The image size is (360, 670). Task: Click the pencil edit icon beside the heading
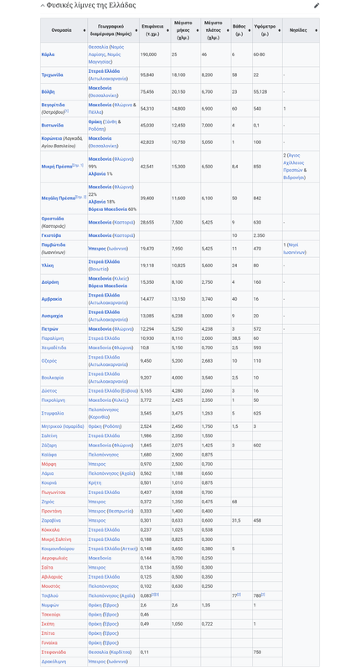316,6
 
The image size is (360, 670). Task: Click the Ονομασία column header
61,30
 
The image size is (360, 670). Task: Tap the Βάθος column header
239,30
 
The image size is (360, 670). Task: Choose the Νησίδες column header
298,30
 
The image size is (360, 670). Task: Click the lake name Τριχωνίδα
53,75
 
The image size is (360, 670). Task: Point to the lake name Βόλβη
48,91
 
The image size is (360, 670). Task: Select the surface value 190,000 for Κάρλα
148,54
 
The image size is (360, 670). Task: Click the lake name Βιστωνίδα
53,125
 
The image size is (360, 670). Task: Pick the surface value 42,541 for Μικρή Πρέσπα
147,167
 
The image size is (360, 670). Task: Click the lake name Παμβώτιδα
54,248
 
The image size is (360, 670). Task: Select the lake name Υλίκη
48,265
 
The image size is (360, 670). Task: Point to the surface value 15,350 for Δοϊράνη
147,282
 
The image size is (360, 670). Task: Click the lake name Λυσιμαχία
54,316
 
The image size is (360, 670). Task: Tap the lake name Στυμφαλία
52,413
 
